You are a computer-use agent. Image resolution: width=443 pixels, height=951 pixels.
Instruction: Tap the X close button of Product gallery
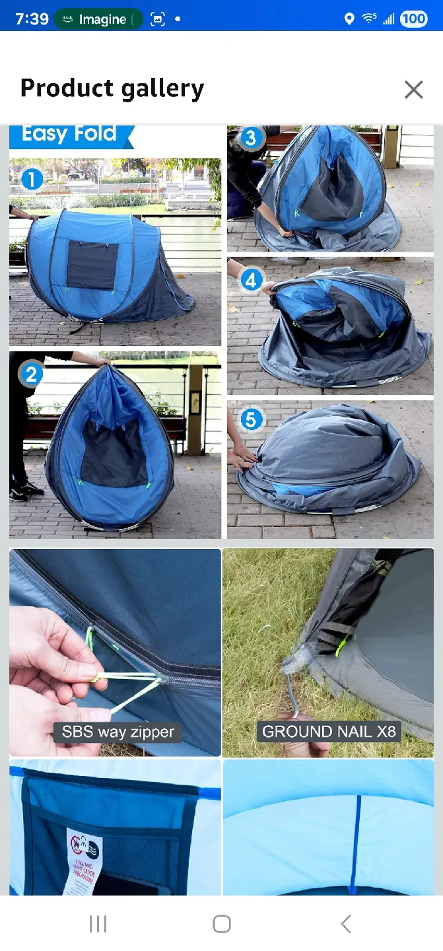[414, 89]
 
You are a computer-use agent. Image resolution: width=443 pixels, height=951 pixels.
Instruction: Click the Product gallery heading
[112, 88]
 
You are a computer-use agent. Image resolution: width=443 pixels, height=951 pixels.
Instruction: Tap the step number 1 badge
[32, 179]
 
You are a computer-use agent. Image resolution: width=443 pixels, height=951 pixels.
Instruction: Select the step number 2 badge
[31, 375]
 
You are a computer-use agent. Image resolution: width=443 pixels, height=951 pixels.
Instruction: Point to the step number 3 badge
[250, 138]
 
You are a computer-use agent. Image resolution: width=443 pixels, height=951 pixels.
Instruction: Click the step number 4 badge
[251, 281]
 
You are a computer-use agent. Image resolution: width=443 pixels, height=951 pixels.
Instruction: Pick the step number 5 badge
[252, 419]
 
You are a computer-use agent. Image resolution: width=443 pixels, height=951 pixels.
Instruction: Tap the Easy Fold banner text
[69, 135]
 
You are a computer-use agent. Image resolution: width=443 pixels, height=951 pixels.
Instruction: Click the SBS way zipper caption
[118, 732]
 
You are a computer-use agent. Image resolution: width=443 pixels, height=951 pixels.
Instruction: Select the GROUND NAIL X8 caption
[329, 732]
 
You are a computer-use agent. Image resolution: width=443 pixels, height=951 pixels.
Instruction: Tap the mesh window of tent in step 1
[92, 265]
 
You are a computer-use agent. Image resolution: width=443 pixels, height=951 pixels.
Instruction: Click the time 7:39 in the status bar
[32, 18]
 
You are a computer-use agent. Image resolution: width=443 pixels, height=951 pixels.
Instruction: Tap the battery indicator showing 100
[414, 18]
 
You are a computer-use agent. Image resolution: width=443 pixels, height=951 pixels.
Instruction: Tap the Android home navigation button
[222, 924]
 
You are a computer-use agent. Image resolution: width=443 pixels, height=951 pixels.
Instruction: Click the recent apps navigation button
[98, 924]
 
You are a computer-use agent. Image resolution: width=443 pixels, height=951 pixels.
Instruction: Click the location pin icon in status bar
[349, 18]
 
